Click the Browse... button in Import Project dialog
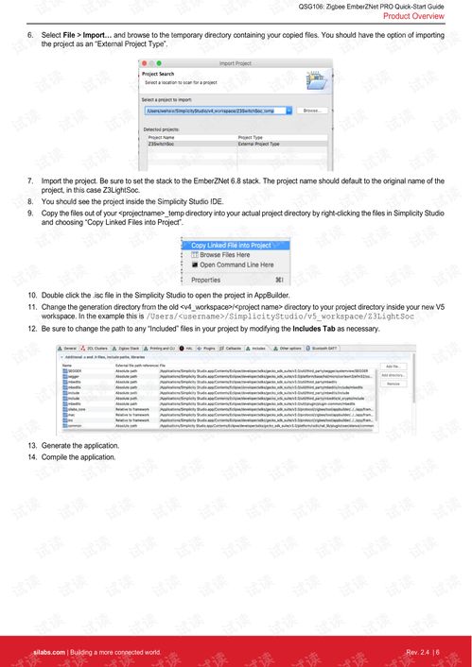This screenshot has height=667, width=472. pyautogui.click(x=309, y=111)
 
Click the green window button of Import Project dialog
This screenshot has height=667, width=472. pyautogui.click(x=159, y=63)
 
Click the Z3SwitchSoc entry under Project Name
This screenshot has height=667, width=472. pyautogui.click(x=163, y=144)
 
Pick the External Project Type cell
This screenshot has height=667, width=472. pyautogui.click(x=259, y=144)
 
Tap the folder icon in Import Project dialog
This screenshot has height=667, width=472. pyautogui.click(x=319, y=79)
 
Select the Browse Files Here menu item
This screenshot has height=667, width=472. pyautogui.click(x=223, y=255)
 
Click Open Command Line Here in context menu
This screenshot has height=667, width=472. pyautogui.click(x=232, y=265)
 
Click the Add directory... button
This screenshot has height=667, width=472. pyautogui.click(x=393, y=375)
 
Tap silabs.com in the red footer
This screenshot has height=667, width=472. pyautogui.click(x=47, y=653)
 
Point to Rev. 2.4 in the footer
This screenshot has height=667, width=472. pyautogui.click(x=417, y=653)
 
